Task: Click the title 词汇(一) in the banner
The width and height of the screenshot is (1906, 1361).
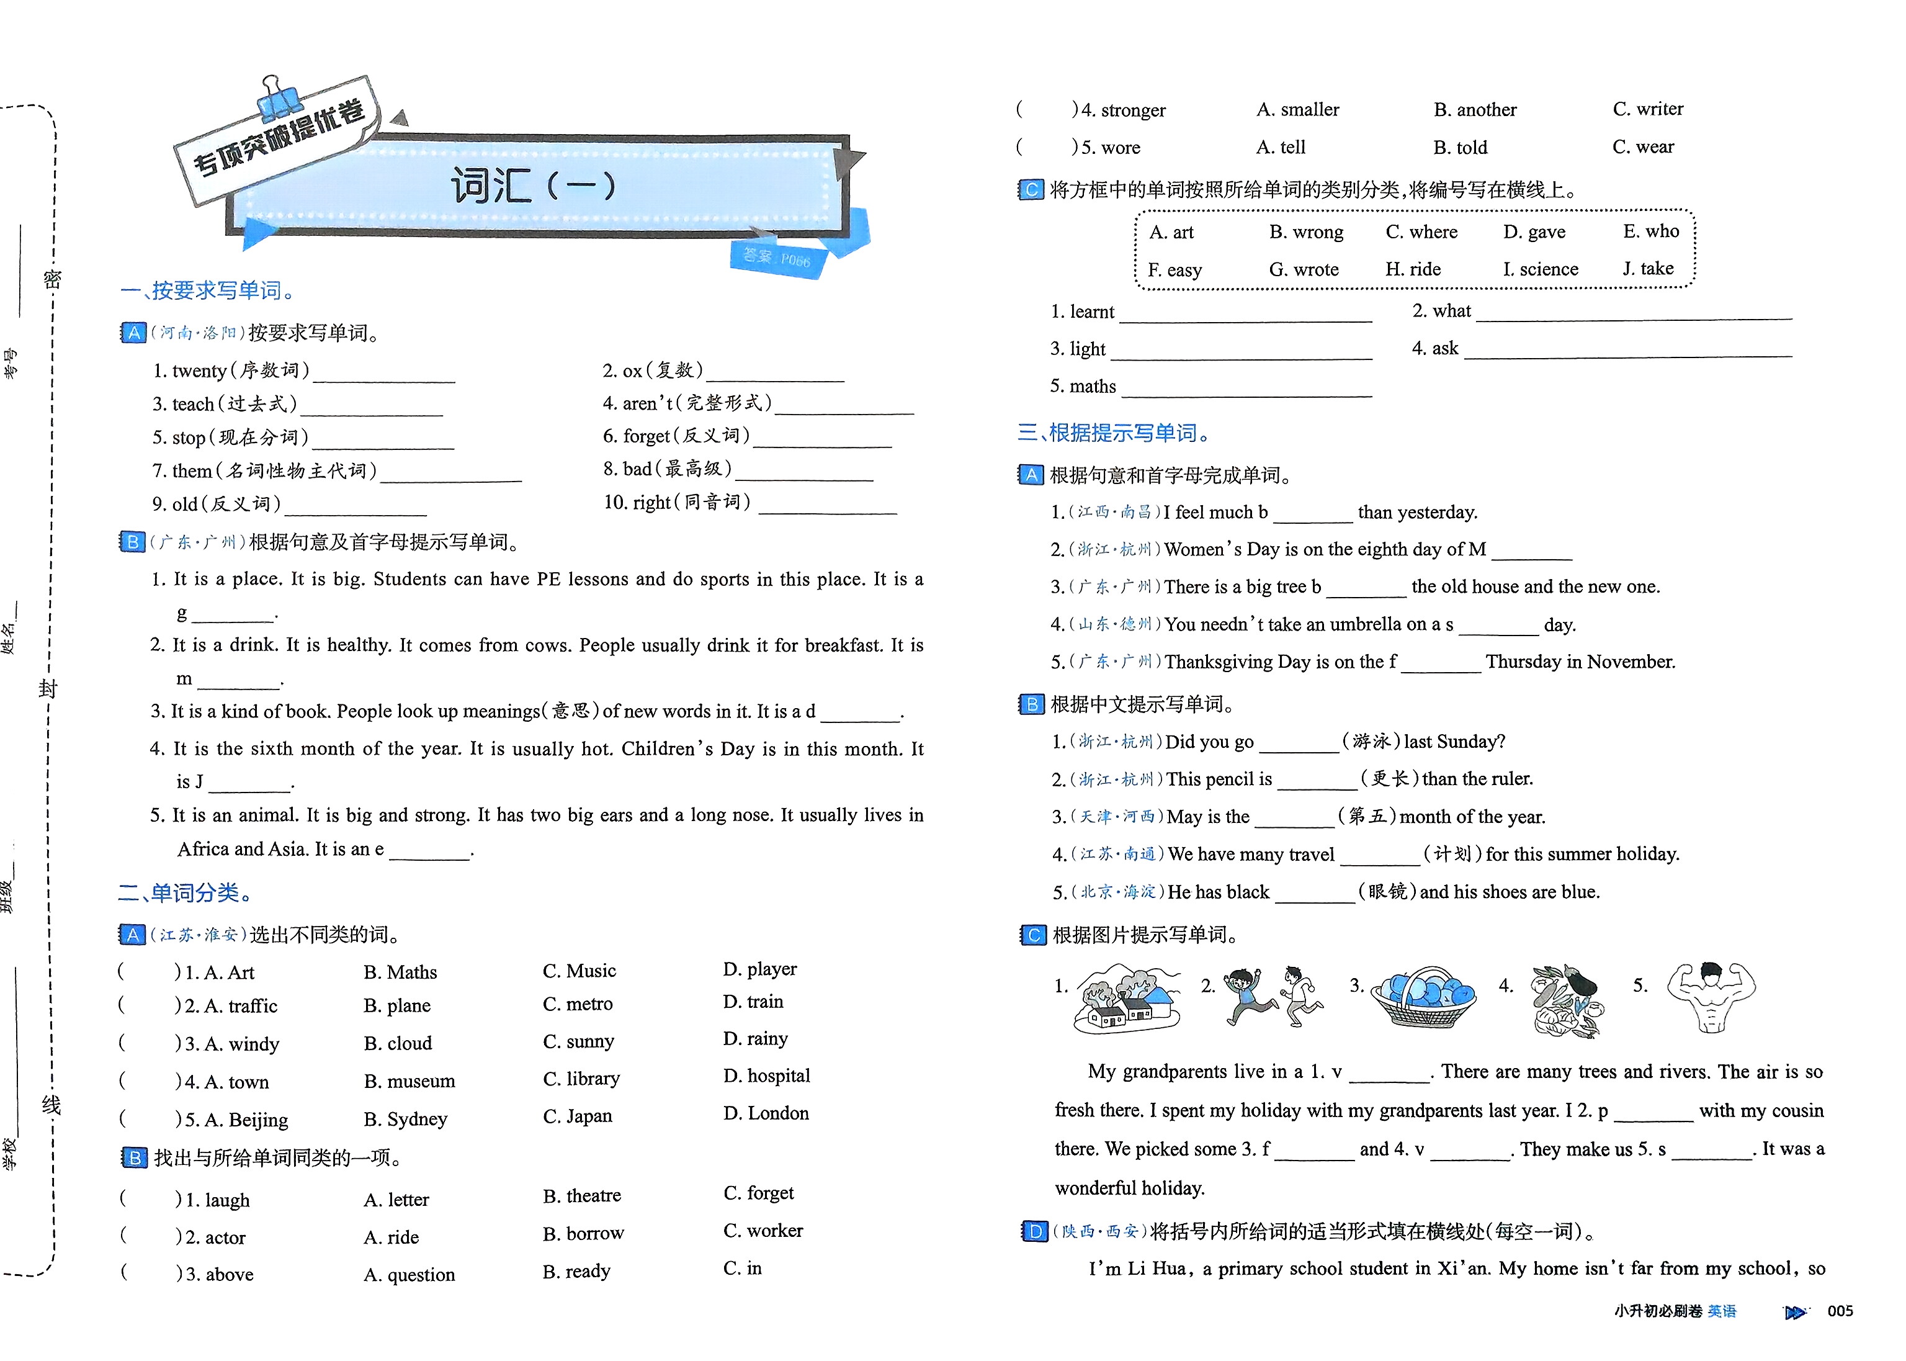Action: [x=533, y=186]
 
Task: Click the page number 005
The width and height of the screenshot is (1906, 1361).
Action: [x=1840, y=1311]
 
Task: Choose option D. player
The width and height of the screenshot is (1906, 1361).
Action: [x=760, y=969]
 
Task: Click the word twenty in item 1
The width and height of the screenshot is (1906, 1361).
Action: [x=199, y=371]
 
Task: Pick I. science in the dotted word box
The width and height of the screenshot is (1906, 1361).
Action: [x=1540, y=269]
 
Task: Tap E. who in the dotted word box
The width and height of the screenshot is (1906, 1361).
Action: [x=1650, y=231]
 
